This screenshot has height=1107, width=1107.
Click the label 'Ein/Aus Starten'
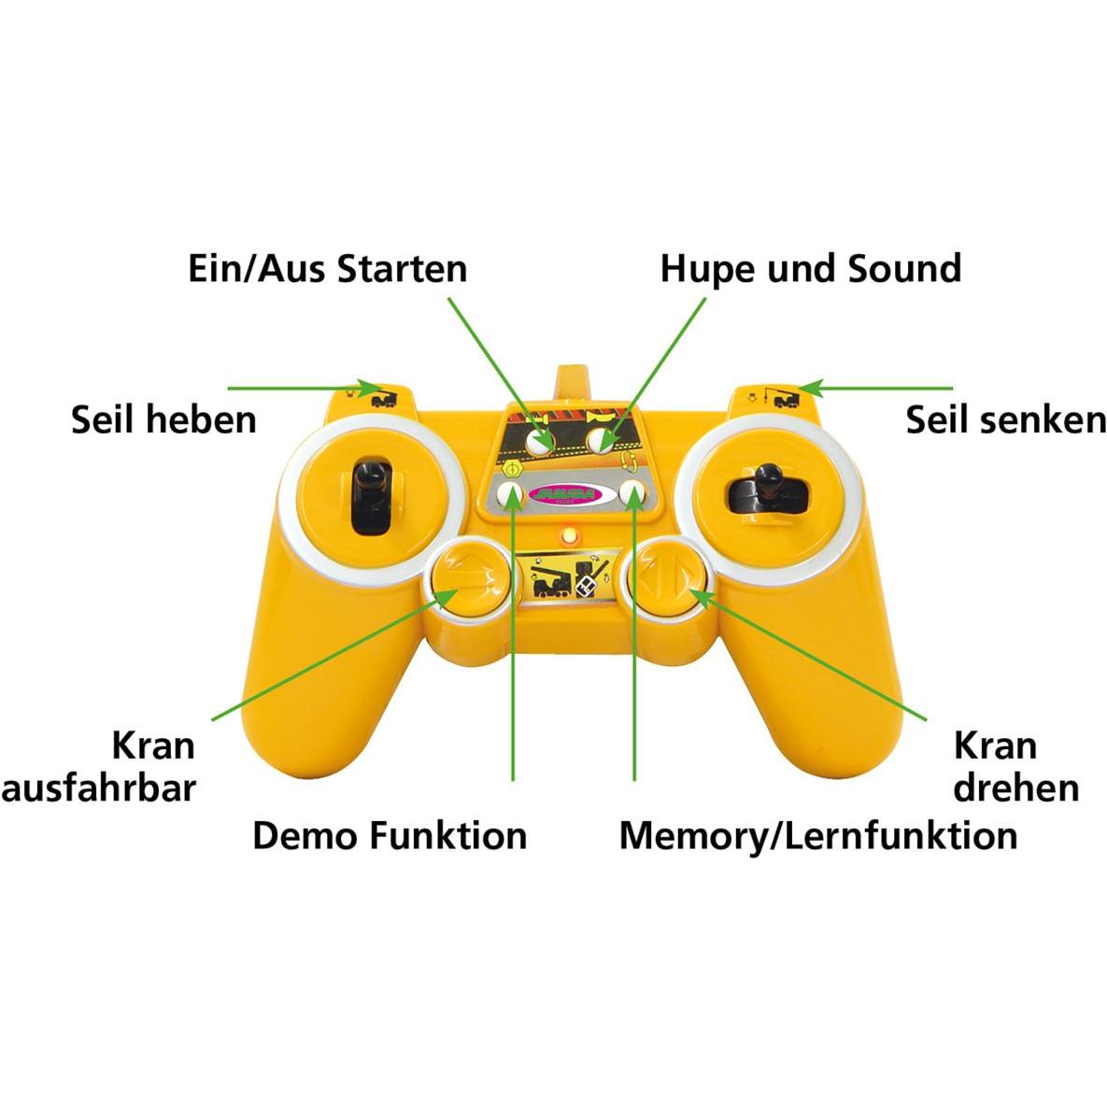327,269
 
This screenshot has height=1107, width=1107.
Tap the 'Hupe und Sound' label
810,269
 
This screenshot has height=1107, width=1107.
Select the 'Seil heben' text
163,419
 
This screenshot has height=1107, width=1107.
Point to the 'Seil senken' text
1005,420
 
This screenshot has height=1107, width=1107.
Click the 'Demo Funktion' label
390,834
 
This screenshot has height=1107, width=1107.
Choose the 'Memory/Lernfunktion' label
818,834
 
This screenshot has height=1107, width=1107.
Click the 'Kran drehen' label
1015,766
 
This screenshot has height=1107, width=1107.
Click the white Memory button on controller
634,494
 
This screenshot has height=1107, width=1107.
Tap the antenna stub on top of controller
572,385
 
